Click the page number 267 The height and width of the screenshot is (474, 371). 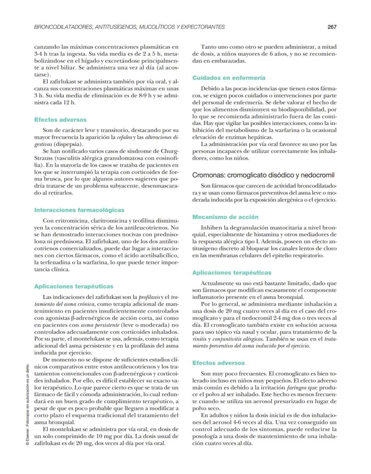click(332, 27)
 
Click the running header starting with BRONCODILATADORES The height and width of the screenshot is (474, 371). click(129, 27)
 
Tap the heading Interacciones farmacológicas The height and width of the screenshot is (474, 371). click(79, 210)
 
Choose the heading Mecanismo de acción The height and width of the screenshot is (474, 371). click(219, 217)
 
